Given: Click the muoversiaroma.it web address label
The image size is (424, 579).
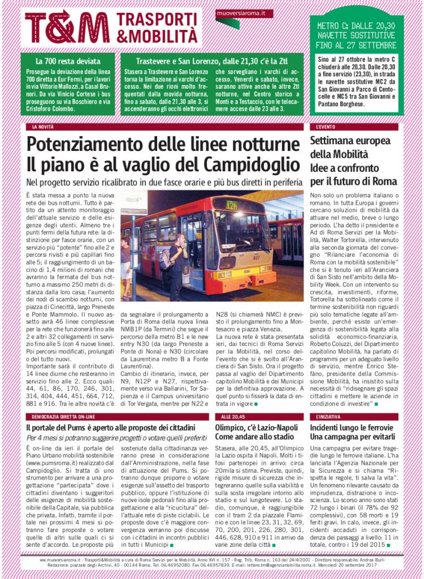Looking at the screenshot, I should pyautogui.click(x=237, y=12).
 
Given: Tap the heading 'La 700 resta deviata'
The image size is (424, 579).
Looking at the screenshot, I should pyautogui.click(x=68, y=61).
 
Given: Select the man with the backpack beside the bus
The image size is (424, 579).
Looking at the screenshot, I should pyautogui.click(x=175, y=266).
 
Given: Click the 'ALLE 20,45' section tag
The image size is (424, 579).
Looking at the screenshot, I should pyautogui.click(x=230, y=416).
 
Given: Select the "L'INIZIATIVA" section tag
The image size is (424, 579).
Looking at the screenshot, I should pyautogui.click(x=329, y=416).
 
